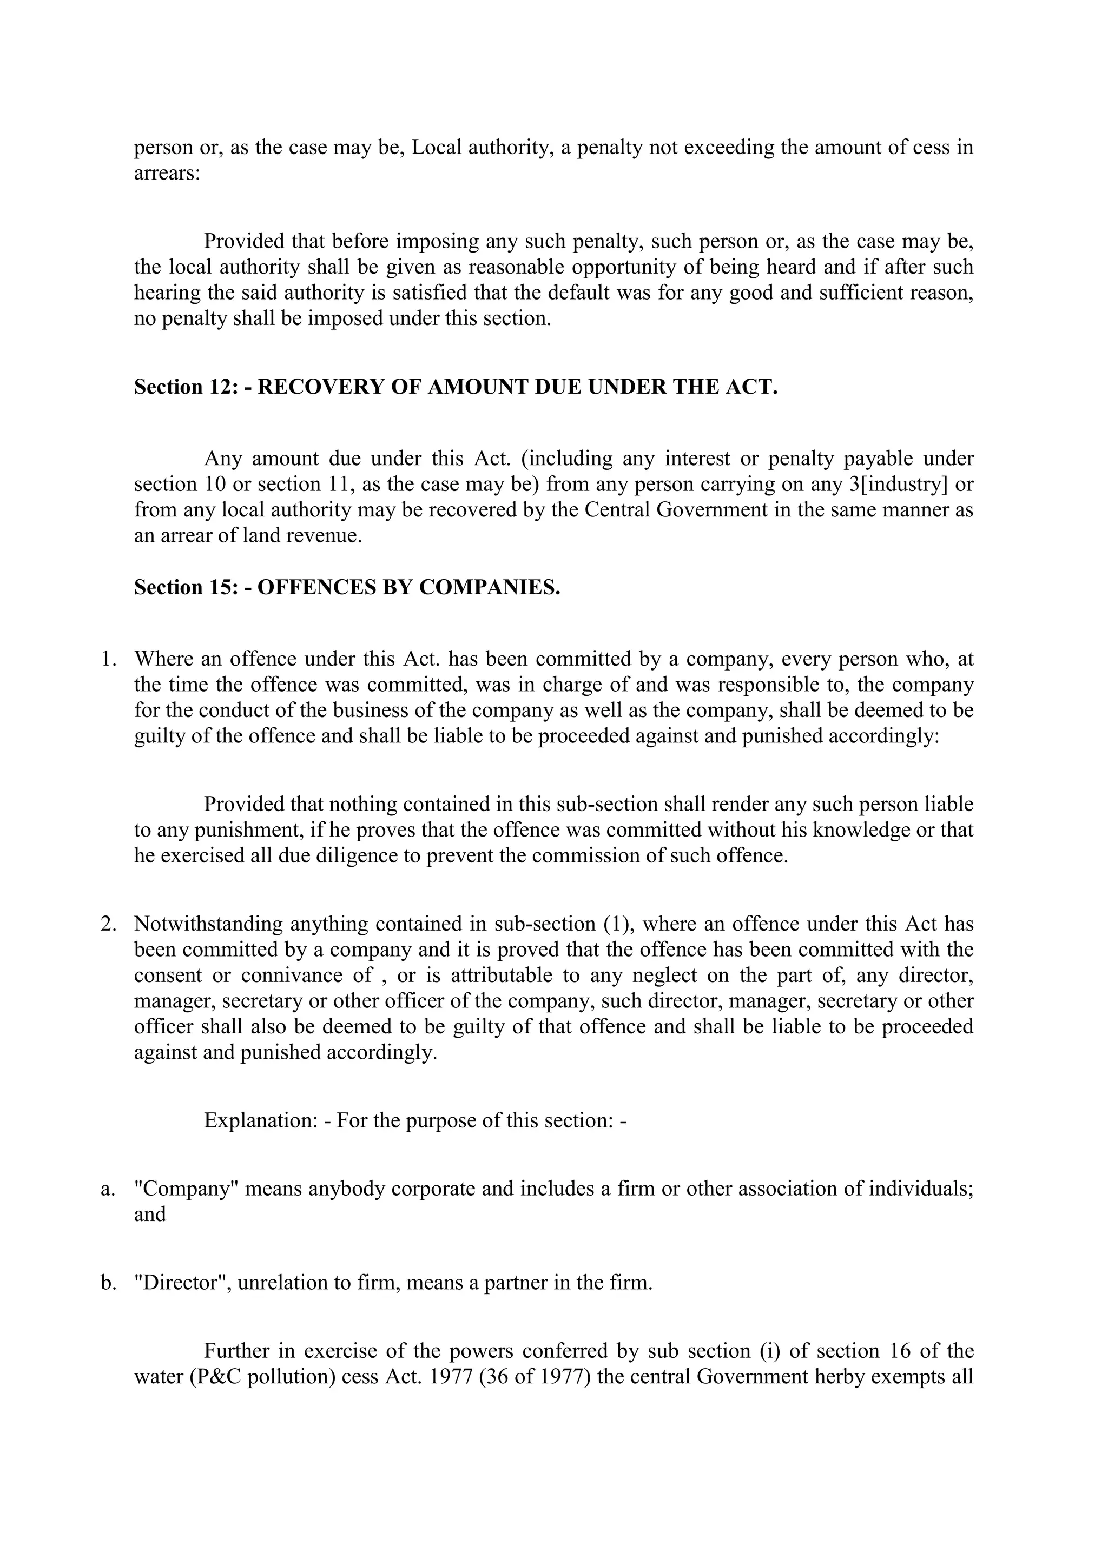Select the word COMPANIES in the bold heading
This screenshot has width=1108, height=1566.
[x=489, y=587]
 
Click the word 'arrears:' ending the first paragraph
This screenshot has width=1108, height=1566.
[x=167, y=173]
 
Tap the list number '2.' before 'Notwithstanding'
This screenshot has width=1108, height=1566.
[x=109, y=924]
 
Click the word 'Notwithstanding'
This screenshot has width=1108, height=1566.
[x=208, y=924]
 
